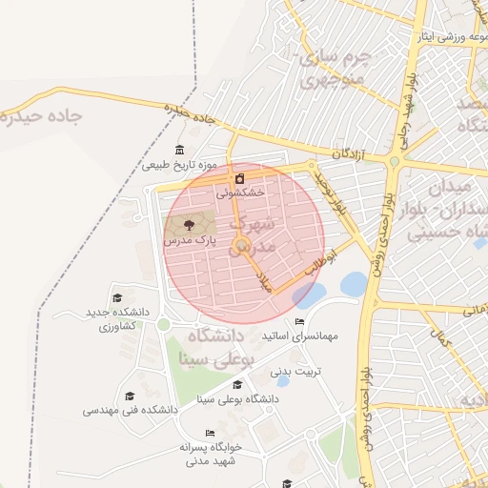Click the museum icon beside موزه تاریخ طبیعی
[x=180, y=150]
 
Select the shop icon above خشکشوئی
[x=239, y=177]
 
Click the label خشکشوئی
[x=239, y=192]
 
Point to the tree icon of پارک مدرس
[x=187, y=226]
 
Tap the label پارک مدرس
[x=186, y=242]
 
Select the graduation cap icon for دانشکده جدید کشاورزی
[x=117, y=297]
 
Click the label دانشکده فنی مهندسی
[x=130, y=410]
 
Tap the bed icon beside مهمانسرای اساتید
[x=300, y=321]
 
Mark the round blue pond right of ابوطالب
[x=354, y=283]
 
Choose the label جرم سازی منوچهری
[x=335, y=68]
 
